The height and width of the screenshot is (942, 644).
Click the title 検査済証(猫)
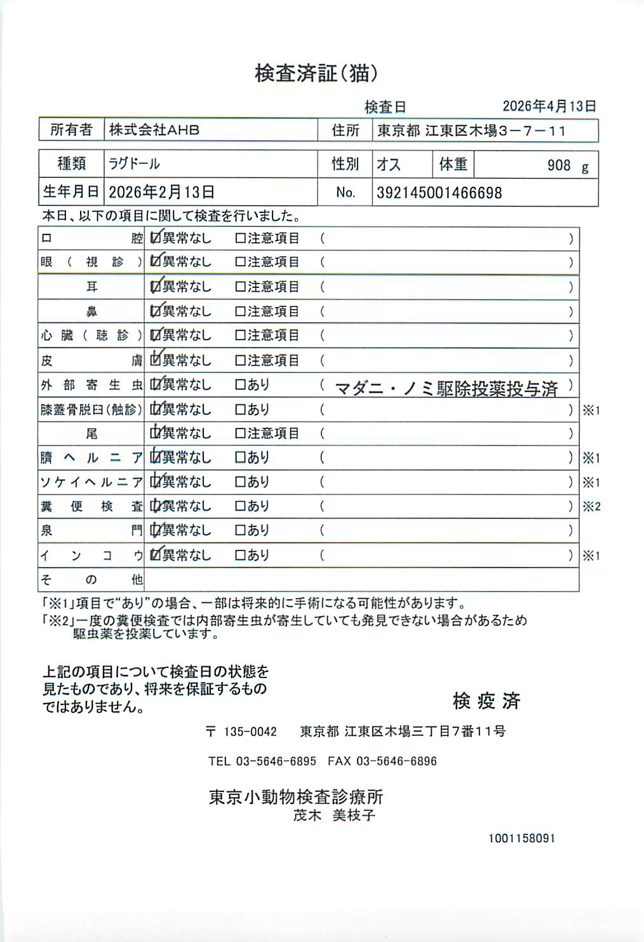(316, 74)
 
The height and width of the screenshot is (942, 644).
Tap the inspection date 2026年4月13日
(549, 106)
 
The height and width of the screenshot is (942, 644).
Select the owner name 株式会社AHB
(154, 130)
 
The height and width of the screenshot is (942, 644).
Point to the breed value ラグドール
(134, 164)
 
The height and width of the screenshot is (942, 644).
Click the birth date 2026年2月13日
(161, 192)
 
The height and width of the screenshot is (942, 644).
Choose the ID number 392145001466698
(439, 193)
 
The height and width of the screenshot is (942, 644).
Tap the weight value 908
(559, 165)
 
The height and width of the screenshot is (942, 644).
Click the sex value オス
(389, 165)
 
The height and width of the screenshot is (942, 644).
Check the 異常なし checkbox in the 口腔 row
(156, 238)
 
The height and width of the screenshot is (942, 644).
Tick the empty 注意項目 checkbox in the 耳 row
(240, 287)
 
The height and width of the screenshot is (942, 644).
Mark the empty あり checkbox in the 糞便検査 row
(240, 507)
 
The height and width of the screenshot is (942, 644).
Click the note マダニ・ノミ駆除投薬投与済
(446, 388)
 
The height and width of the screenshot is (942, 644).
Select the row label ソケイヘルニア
(91, 482)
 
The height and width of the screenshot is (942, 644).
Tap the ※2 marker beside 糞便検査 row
(591, 507)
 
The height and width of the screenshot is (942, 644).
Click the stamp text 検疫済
(486, 701)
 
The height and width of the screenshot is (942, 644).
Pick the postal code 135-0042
(250, 732)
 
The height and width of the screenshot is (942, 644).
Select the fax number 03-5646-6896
(396, 761)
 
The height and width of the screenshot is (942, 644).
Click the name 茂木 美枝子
(334, 815)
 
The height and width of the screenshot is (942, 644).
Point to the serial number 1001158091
(521, 838)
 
